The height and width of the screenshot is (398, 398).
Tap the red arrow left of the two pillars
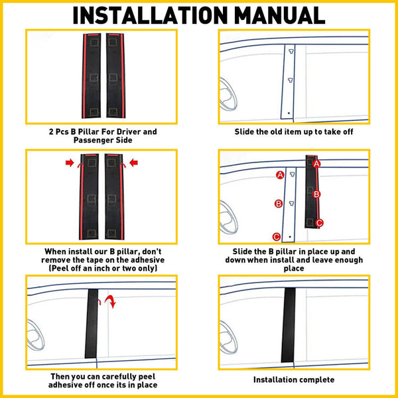(x=70, y=161)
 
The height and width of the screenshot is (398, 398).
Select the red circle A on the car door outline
(x=280, y=174)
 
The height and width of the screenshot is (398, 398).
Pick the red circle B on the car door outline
(x=279, y=204)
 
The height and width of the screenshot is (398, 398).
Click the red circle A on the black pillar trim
(x=316, y=163)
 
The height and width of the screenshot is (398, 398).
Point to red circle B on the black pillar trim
(x=317, y=194)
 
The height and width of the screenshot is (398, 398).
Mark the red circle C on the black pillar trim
(x=319, y=223)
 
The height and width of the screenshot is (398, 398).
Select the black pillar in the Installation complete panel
(x=288, y=324)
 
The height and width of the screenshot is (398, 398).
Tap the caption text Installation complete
(x=294, y=379)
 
